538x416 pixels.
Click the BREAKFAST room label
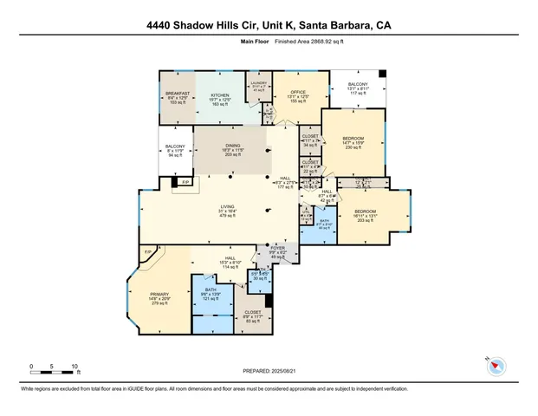[177, 94]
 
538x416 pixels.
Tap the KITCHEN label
[221, 94]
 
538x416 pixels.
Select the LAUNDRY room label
[259, 83]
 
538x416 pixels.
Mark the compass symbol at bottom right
[496, 366]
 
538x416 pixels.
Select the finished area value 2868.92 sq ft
[314, 41]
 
